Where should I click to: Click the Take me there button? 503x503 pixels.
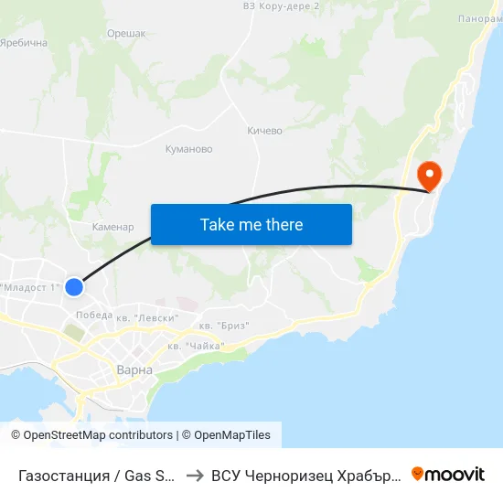[251, 224]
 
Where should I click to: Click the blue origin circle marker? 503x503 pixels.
[74, 287]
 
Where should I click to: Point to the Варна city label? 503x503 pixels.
[134, 370]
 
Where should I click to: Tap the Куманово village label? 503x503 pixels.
[188, 149]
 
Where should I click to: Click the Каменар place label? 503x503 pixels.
[113, 227]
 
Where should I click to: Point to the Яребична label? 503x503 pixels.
[23, 43]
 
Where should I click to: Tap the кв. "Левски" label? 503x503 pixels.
[148, 317]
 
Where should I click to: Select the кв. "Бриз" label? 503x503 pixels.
[223, 326]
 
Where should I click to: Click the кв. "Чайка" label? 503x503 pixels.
[196, 346]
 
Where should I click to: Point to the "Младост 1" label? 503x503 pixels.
[30, 287]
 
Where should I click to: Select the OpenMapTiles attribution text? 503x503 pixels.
[232, 435]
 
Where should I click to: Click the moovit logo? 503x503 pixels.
[448, 474]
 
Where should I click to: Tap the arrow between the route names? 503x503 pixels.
[196, 475]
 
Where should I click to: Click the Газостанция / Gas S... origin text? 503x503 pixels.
[97, 475]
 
